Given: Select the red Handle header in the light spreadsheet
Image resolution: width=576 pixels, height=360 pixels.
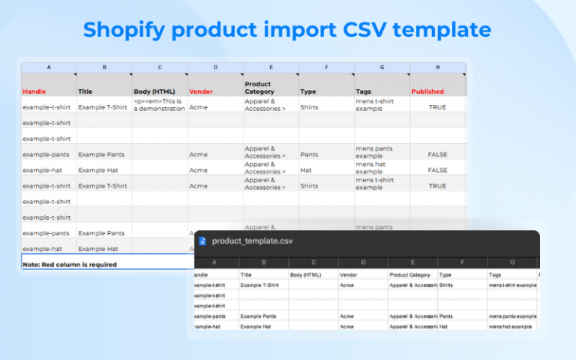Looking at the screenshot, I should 34,91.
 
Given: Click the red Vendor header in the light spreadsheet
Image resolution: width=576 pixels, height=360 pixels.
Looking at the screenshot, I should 201,91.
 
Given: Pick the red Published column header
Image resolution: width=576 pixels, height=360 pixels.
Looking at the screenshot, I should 427,91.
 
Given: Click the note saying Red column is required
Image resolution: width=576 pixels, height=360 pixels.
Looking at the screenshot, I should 70,264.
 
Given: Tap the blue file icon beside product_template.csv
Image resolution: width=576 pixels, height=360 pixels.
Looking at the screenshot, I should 202,241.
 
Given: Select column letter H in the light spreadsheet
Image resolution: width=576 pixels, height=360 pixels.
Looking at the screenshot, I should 438,67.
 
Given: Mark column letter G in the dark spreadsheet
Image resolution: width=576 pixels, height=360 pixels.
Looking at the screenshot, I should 512,262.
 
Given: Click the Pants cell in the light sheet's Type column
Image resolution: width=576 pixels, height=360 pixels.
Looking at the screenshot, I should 309,154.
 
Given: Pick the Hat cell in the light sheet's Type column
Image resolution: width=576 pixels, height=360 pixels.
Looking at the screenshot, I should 306,170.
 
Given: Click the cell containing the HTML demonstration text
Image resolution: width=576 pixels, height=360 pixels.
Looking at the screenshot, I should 159,104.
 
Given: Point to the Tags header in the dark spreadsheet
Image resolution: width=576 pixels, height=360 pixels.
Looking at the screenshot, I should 496,274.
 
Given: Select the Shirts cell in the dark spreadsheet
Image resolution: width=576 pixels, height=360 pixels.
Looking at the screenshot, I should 447,285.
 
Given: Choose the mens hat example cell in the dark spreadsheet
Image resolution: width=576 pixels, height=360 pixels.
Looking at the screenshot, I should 510,327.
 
